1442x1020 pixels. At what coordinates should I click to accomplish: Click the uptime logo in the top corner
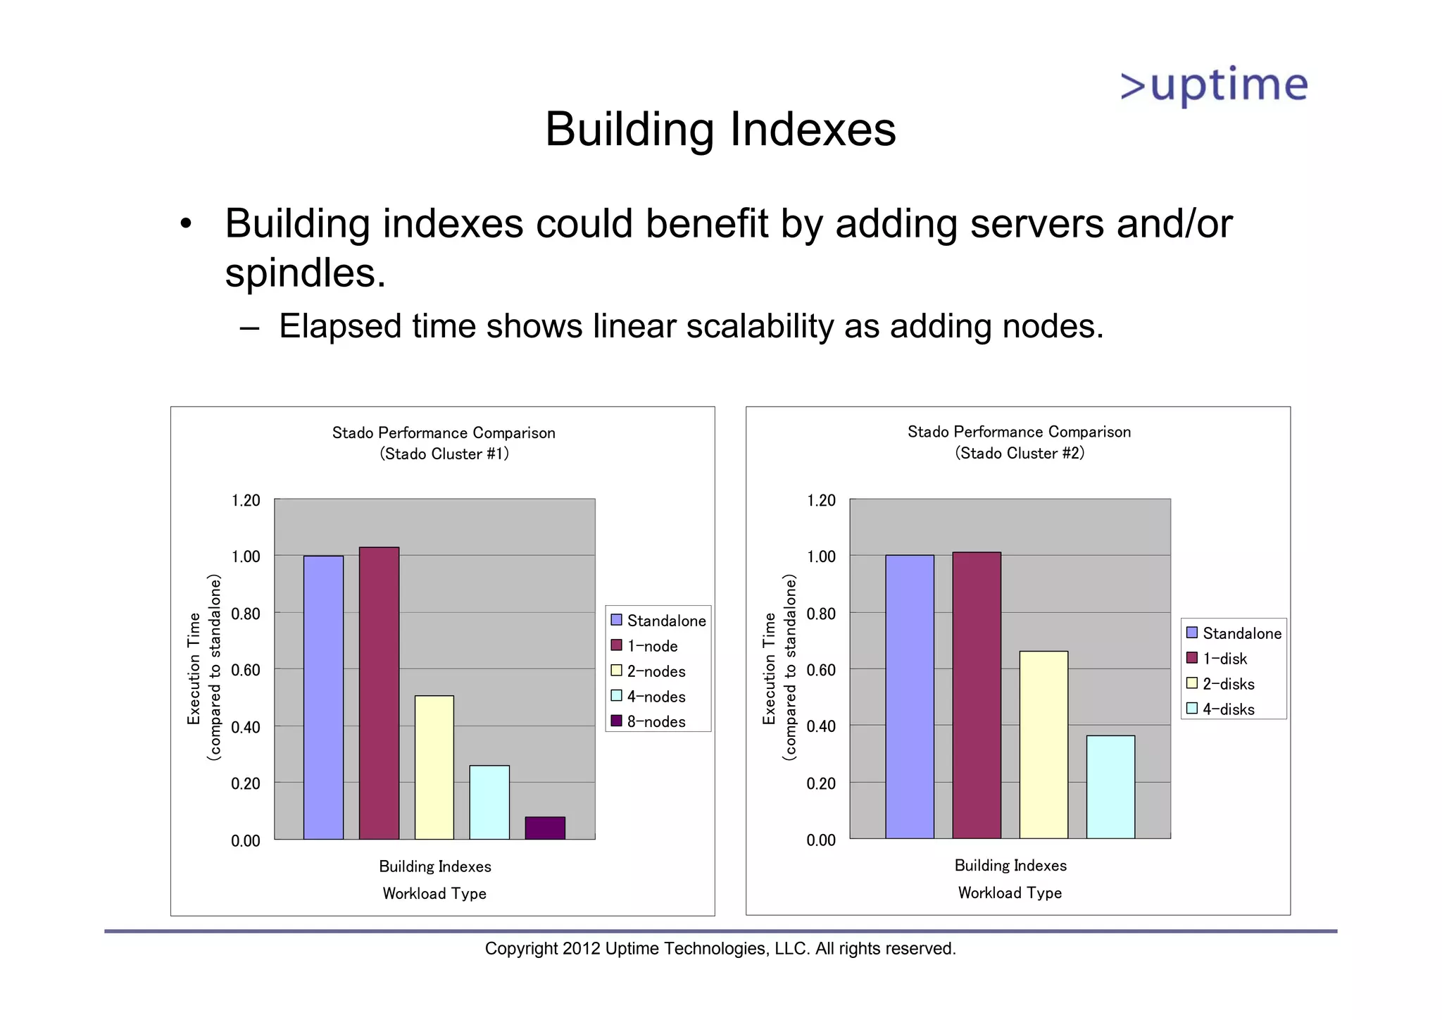pyautogui.click(x=1214, y=86)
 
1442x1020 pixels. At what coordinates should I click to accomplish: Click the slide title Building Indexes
pyautogui.click(x=720, y=130)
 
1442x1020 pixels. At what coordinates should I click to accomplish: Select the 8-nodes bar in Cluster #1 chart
pyautogui.click(x=544, y=828)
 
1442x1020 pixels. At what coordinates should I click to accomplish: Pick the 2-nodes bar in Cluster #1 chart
pyautogui.click(x=434, y=767)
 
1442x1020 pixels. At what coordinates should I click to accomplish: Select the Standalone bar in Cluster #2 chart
pyautogui.click(x=909, y=697)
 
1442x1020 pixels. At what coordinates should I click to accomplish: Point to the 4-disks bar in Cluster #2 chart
pyautogui.click(x=1110, y=787)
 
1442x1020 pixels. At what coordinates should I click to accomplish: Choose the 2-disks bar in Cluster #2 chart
pyautogui.click(x=1043, y=745)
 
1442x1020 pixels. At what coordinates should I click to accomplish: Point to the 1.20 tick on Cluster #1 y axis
pyautogui.click(x=246, y=500)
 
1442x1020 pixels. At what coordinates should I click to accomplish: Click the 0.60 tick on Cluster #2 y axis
pyautogui.click(x=821, y=670)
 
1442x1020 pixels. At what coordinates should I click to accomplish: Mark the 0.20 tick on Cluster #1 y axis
pyautogui.click(x=246, y=783)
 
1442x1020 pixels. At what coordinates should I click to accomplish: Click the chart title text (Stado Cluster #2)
pyautogui.click(x=1020, y=453)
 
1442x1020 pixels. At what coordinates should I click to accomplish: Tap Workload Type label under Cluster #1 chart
pyautogui.click(x=434, y=893)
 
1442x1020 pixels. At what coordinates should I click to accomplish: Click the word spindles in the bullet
pyautogui.click(x=304, y=273)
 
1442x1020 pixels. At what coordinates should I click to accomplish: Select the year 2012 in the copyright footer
pyautogui.click(x=581, y=949)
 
